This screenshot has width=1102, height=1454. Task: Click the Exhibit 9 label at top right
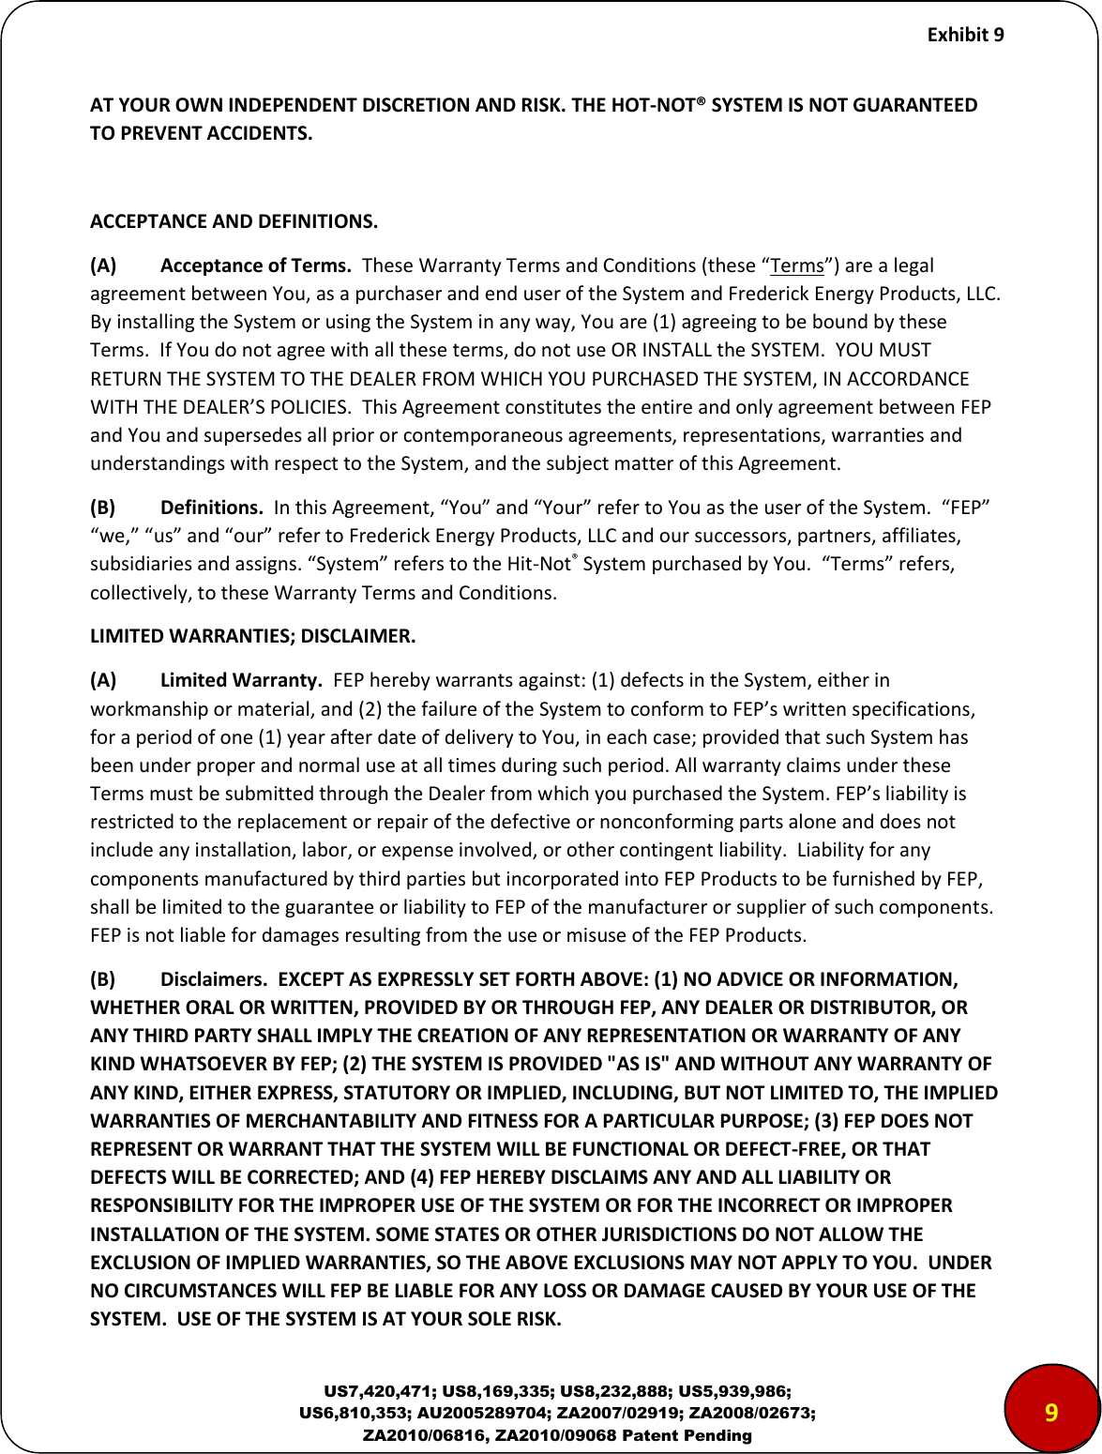(965, 35)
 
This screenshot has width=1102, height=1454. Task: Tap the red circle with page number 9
(1050, 1413)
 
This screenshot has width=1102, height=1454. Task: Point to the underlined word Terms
(790, 265)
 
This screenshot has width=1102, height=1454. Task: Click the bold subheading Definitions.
(211, 507)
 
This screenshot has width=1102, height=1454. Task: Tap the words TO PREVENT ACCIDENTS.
(202, 132)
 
